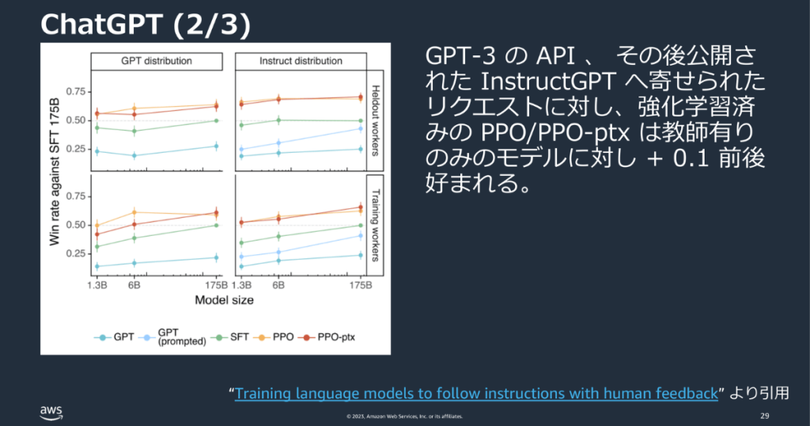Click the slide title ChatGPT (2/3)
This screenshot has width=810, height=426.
(x=146, y=25)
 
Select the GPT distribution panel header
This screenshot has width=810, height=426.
(x=156, y=61)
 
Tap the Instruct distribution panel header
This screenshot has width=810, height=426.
(x=301, y=61)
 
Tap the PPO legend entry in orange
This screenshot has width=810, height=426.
(x=280, y=337)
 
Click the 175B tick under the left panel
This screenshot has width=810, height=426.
(x=215, y=285)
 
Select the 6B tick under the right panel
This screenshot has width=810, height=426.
(x=278, y=285)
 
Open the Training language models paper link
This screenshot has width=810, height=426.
(x=476, y=394)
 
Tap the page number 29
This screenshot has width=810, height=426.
(x=764, y=416)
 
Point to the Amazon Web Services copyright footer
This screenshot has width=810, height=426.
(x=404, y=416)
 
